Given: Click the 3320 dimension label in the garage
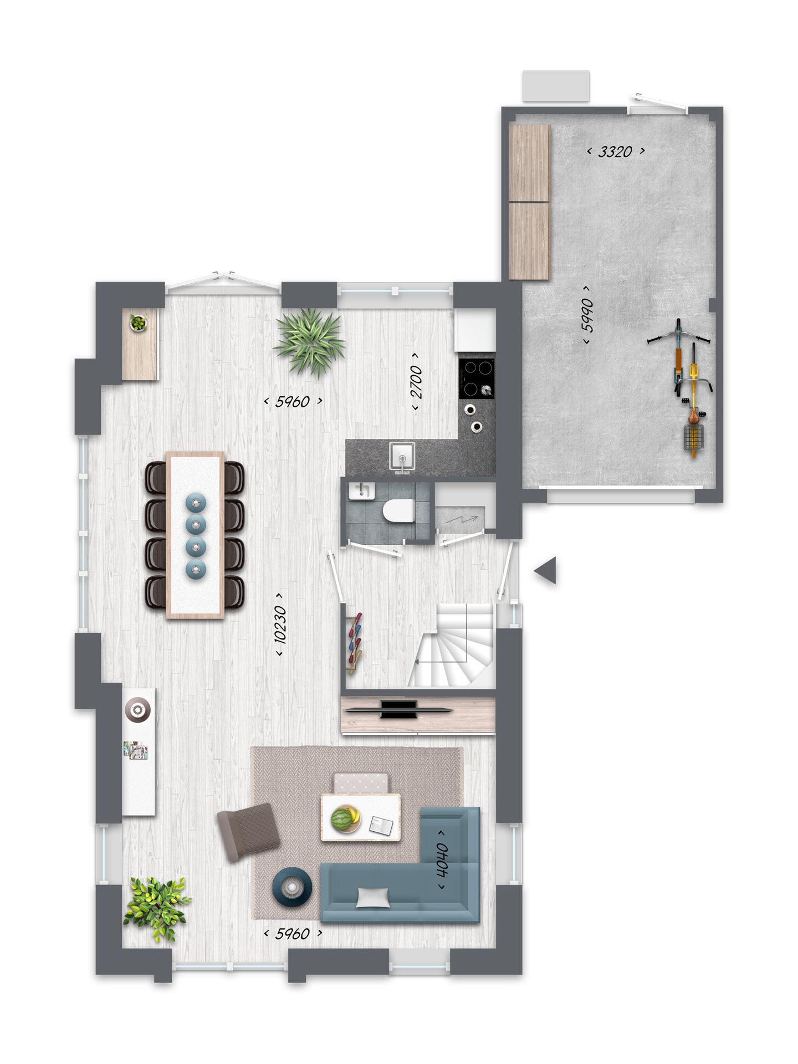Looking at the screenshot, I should pos(616,151).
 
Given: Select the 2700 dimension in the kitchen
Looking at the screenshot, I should pos(416,382).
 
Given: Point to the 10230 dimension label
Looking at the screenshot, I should pos(280,625).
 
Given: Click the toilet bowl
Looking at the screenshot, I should pos(398,510).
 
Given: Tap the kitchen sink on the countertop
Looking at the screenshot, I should pos(402,458).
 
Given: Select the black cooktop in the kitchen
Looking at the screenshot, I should pos(477,378).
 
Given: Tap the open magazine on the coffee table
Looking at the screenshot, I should pos(381,826).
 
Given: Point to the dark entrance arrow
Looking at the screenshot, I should pos(546,571).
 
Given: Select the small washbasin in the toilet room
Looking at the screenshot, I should pos(361,490).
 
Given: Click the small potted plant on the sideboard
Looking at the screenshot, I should pos(138,322).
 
